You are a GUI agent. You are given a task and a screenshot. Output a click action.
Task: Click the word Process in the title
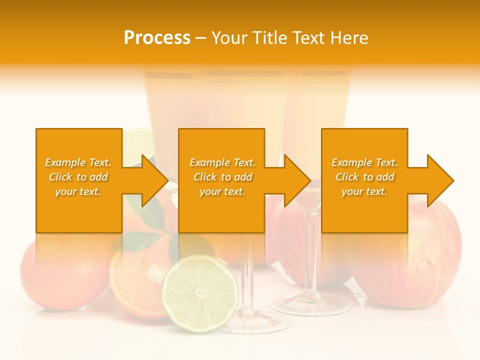coord(157,37)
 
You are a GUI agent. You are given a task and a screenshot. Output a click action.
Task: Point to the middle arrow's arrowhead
coord(297,180)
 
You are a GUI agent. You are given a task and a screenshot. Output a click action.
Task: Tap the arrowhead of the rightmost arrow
coord(440,180)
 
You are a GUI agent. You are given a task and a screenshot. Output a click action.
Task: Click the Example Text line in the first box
coord(78,162)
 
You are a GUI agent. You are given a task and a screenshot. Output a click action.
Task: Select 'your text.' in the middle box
coord(222,191)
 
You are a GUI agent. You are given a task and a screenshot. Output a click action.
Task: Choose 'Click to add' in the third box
coord(364,177)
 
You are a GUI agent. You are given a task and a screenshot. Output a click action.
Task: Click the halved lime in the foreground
coord(200,293)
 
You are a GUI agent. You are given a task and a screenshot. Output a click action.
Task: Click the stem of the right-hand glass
coord(310,250)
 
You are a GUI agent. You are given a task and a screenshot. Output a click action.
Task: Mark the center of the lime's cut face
coord(200,293)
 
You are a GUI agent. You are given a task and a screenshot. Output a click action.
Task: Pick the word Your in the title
coord(230,37)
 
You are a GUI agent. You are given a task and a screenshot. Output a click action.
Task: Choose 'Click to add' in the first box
coord(78,177)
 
